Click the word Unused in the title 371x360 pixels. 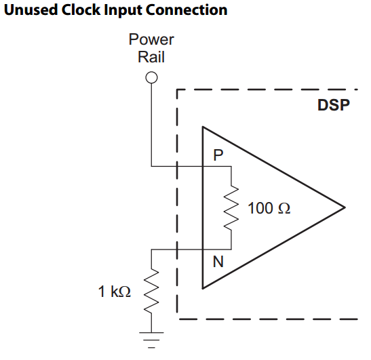click(x=31, y=10)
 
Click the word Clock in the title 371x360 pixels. click(x=81, y=10)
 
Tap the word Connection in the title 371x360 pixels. click(x=187, y=10)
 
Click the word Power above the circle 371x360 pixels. click(x=151, y=39)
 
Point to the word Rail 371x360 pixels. click(x=151, y=57)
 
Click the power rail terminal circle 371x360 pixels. click(x=151, y=77)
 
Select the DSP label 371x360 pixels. click(x=334, y=105)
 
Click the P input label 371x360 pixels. click(x=218, y=155)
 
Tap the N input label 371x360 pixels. click(x=218, y=262)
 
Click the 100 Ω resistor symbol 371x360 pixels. click(x=231, y=207)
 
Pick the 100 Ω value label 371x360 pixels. click(x=269, y=208)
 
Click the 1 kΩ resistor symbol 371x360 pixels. click(x=151, y=291)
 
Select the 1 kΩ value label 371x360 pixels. click(x=114, y=291)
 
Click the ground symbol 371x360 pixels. click(x=151, y=340)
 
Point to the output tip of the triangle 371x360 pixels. click(x=345, y=207)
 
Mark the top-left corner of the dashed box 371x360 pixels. click(x=177, y=89)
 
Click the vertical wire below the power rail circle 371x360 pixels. click(x=151, y=125)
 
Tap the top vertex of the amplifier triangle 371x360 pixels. click(x=203, y=127)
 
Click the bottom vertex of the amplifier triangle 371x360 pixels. click(x=203, y=288)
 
